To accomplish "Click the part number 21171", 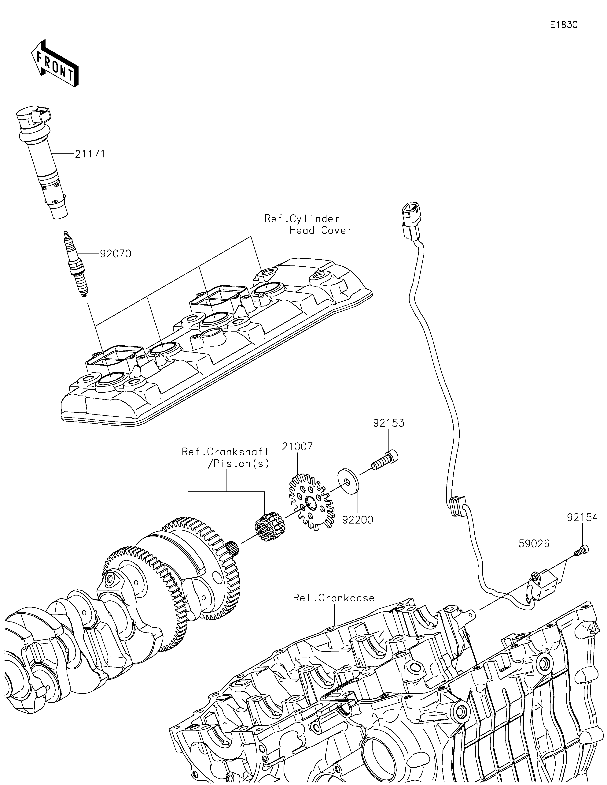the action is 90,154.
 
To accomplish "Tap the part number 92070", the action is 116,254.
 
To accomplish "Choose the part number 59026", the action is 534,544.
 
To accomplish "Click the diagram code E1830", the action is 564,25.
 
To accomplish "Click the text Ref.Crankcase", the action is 334,597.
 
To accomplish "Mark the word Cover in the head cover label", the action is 337,230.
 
